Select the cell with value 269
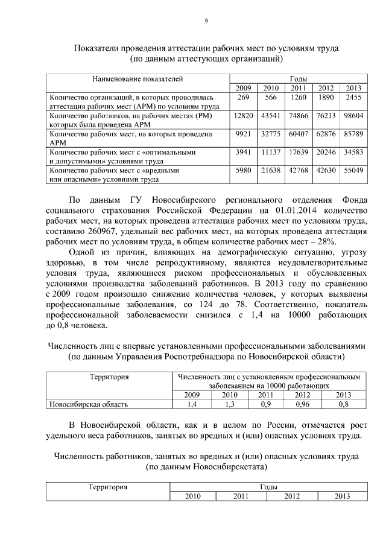(243, 97)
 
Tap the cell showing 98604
(353, 115)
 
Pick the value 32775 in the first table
(271, 133)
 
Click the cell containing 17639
(299, 153)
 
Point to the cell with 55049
(353, 171)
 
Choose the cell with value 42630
(326, 171)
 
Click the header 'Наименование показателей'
(137, 79)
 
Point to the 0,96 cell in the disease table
(302, 404)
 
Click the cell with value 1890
(326, 97)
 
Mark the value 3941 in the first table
(243, 153)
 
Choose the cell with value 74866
(299, 115)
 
